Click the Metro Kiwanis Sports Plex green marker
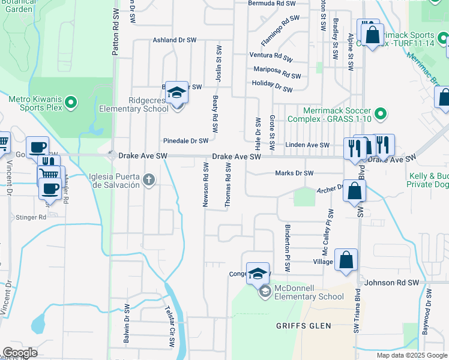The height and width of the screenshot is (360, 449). click(71, 103)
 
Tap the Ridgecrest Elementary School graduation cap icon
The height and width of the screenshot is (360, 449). click(177, 92)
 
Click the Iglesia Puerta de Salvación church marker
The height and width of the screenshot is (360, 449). click(149, 179)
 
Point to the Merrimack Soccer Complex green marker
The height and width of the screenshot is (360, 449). click(379, 113)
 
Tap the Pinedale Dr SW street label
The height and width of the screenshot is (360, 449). click(185, 141)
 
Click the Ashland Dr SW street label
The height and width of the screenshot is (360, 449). click(175, 40)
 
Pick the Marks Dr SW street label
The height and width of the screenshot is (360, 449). click(294, 173)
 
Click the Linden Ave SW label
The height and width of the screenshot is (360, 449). click(307, 145)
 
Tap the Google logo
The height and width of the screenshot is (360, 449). click(20, 353)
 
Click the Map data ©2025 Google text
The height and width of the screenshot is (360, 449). click(411, 355)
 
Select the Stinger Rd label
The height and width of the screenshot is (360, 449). click(34, 217)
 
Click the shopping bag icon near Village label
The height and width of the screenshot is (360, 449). click(346, 260)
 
